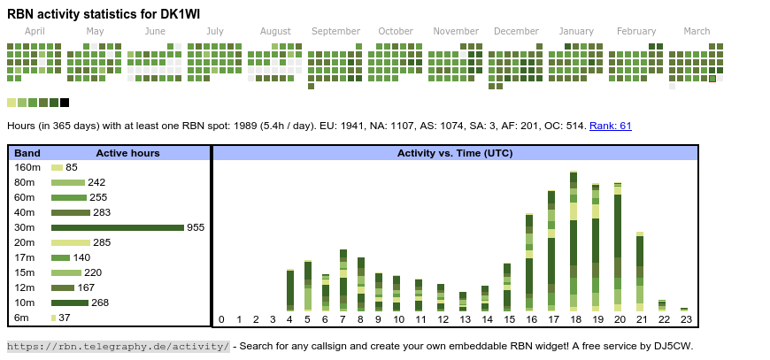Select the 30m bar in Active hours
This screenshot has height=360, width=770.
pyautogui.click(x=117, y=227)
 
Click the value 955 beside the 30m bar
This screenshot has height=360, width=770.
pyautogui.click(x=196, y=227)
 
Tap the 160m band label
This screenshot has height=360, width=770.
pyautogui.click(x=27, y=167)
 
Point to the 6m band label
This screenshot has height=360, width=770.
pyautogui.click(x=21, y=318)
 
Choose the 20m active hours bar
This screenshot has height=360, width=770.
pyautogui.click(x=71, y=242)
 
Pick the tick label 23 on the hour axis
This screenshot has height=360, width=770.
pyautogui.click(x=684, y=319)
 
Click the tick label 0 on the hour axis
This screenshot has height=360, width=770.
pyautogui.click(x=221, y=319)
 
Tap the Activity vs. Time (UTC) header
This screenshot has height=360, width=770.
pyautogui.click(x=455, y=153)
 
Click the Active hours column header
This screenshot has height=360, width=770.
pyautogui.click(x=127, y=153)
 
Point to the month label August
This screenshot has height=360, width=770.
pyautogui.click(x=275, y=31)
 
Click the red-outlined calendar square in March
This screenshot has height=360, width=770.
pyautogui.click(x=712, y=79)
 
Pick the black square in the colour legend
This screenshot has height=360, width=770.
pyautogui.click(x=65, y=103)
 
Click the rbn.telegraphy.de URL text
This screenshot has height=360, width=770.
pyautogui.click(x=119, y=346)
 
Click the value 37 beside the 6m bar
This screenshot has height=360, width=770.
pyautogui.click(x=65, y=318)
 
